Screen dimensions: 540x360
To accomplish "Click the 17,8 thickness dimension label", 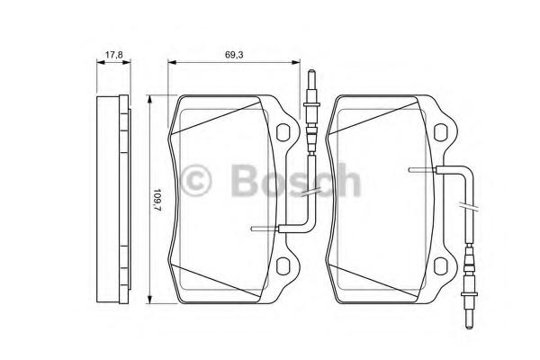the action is click(114, 54).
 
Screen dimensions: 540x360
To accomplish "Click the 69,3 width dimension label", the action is click(234, 54).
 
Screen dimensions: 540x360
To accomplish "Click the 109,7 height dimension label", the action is click(157, 200).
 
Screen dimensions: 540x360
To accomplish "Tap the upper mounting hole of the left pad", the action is click(283, 132).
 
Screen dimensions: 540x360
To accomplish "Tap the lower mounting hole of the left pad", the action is click(283, 266).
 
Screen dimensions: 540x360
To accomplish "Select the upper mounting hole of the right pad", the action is click(441, 132).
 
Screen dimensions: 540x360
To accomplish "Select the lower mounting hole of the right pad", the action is click(441, 266).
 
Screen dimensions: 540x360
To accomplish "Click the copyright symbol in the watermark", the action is click(195, 180).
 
